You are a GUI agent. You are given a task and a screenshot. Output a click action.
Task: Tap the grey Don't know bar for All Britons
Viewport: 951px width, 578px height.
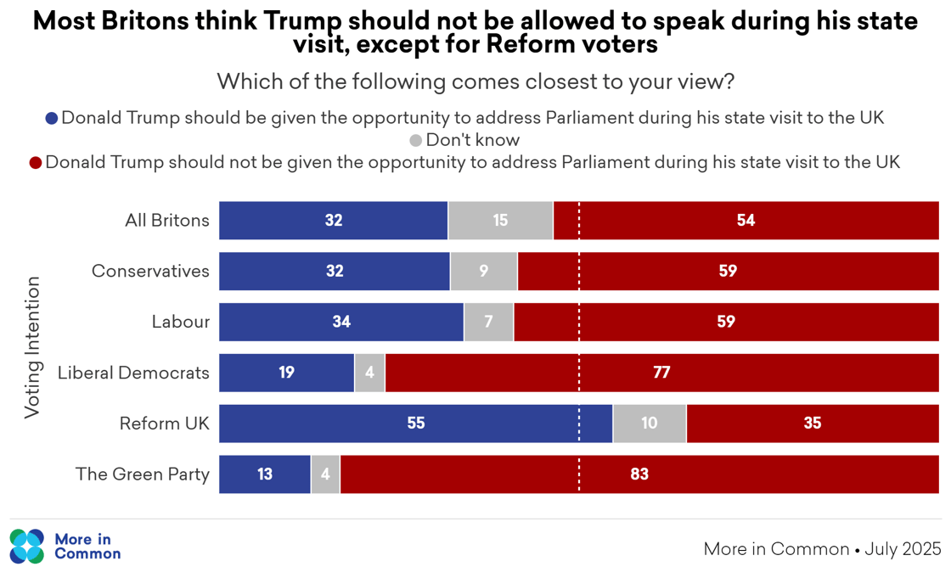pyautogui.click(x=500, y=221)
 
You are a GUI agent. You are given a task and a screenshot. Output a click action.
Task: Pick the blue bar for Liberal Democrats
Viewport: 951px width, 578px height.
pyautogui.click(x=286, y=373)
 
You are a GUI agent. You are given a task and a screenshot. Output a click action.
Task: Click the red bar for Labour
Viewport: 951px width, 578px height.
pyautogui.click(x=725, y=323)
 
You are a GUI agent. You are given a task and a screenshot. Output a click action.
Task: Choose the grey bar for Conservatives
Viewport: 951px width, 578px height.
pyautogui.click(x=483, y=272)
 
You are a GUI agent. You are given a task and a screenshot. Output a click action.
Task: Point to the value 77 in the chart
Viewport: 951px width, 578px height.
pyautogui.click(x=661, y=373)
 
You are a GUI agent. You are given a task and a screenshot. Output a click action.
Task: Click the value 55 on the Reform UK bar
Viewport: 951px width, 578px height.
pyautogui.click(x=415, y=424)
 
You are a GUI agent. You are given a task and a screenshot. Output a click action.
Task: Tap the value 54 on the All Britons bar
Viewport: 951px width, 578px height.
pyautogui.click(x=746, y=221)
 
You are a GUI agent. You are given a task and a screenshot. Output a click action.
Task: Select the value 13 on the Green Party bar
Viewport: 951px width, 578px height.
pyautogui.click(x=265, y=474)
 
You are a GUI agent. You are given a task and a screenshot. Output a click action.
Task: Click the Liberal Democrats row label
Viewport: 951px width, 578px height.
pyautogui.click(x=133, y=373)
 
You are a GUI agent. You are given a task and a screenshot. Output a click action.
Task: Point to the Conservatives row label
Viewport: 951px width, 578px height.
pyautogui.click(x=150, y=271)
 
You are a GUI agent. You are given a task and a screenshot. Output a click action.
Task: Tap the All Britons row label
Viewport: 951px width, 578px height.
pyautogui.click(x=166, y=221)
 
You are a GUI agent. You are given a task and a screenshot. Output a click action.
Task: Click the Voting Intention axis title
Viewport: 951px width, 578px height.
pyautogui.click(x=31, y=346)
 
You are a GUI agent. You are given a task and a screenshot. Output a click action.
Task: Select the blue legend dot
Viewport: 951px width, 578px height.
pyautogui.click(x=52, y=119)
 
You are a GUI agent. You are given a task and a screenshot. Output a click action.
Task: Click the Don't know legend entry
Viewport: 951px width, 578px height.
pyautogui.click(x=472, y=140)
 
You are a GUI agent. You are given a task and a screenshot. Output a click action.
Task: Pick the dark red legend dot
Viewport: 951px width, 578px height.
pyautogui.click(x=36, y=162)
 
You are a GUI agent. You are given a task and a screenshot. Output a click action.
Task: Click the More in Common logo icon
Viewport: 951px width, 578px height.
pyautogui.click(x=26, y=547)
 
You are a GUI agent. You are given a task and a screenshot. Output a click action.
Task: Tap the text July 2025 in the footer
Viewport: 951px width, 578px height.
pyautogui.click(x=903, y=549)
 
